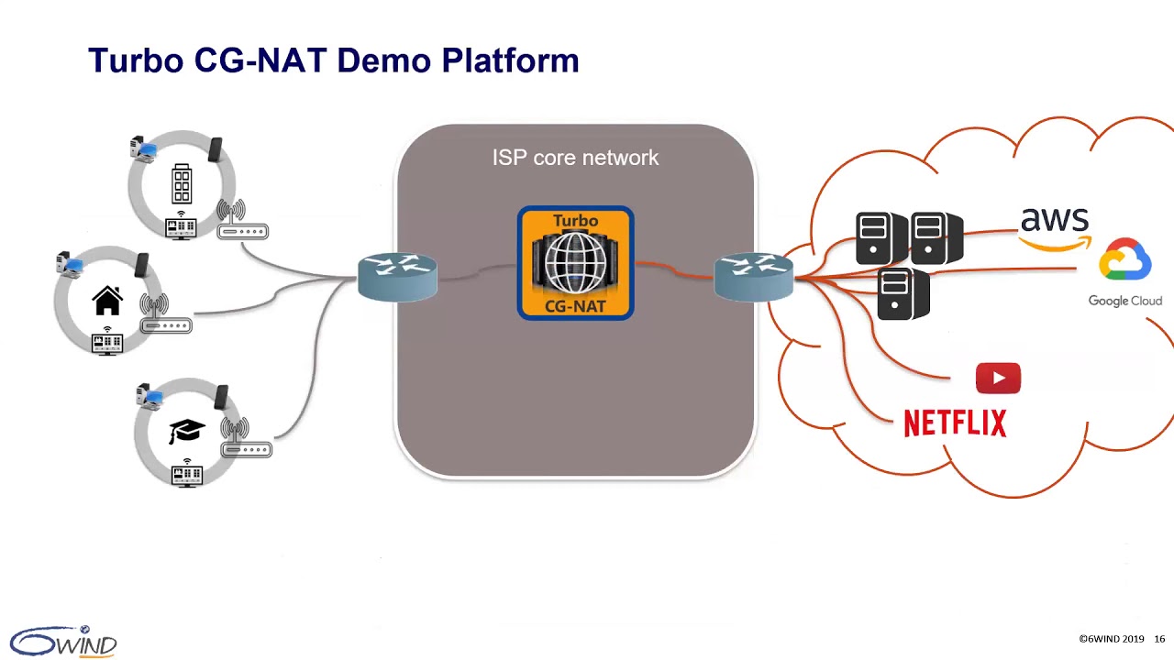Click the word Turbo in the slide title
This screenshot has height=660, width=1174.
pos(136,60)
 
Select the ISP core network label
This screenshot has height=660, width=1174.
pos(575,158)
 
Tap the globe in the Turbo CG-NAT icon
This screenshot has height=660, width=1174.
pos(575,262)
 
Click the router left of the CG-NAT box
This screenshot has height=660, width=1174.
pos(397,277)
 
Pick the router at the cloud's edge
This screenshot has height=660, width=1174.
pos(753,277)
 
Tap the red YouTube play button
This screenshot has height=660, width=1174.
pos(998,379)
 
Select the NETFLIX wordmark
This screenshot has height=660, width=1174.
pos(955,423)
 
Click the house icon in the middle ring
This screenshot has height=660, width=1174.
pos(107,301)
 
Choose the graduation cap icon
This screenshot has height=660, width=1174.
pos(186,431)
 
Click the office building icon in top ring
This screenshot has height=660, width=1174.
pos(182,184)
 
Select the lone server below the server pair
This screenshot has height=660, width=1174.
pos(903,293)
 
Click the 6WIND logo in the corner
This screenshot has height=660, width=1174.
pos(64,641)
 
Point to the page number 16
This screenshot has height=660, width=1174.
pos(1159,639)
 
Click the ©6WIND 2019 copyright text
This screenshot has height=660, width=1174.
pos(1111,639)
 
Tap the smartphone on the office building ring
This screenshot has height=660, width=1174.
pos(215,149)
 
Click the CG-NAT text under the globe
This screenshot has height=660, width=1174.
pos(575,306)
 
